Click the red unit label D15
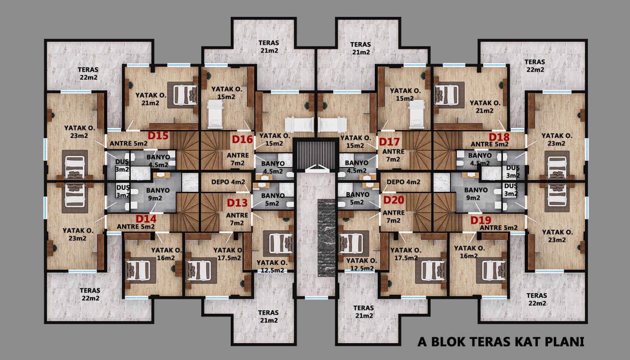click(158, 135)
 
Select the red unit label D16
click(242, 139)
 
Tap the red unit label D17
click(389, 142)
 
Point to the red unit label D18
click(499, 137)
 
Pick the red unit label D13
click(237, 203)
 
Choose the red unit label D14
click(146, 219)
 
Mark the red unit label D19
click(481, 220)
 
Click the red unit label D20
click(394, 200)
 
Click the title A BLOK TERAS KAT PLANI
click(500, 342)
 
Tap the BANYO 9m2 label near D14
click(158, 194)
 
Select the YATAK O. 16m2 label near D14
click(167, 254)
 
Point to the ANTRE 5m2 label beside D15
click(128, 143)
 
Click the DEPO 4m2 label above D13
click(228, 182)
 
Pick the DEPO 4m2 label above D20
click(403, 182)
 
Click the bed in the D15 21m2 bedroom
click(185, 95)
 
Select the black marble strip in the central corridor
click(326, 238)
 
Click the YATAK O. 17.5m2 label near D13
click(228, 254)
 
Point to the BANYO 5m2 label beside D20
click(358, 198)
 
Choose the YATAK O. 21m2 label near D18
click(485, 107)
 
